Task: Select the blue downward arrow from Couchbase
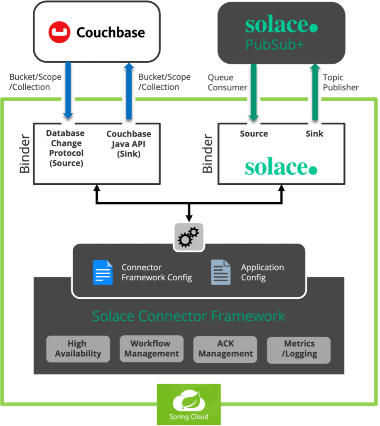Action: (x=69, y=89)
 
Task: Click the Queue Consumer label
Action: (x=227, y=82)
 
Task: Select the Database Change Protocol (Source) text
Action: (x=65, y=148)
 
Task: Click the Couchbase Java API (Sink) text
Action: (x=129, y=144)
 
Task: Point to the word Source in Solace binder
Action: (x=254, y=134)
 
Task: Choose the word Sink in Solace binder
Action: (x=314, y=134)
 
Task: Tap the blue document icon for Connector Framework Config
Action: (x=103, y=272)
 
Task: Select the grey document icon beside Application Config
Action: (x=221, y=272)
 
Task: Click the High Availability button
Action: (x=78, y=349)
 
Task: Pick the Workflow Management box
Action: (x=151, y=349)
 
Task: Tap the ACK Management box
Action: (x=225, y=349)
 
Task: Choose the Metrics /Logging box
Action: (x=299, y=349)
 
